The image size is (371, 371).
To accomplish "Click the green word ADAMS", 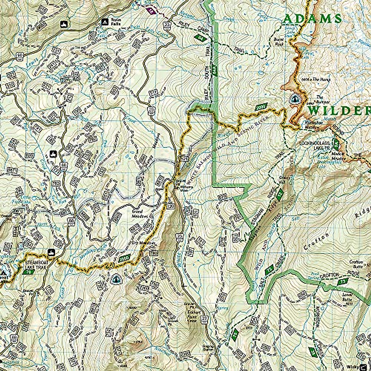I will coord(312,19).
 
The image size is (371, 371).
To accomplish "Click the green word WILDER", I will coord(339,110).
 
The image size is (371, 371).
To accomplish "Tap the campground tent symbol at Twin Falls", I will coord(104,22).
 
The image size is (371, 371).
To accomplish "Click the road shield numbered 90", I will coord(20,55).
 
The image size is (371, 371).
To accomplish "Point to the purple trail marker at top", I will coord(151,11).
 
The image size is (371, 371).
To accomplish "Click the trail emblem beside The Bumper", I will coord(295,99).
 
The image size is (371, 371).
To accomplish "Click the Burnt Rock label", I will coord(279,41).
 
